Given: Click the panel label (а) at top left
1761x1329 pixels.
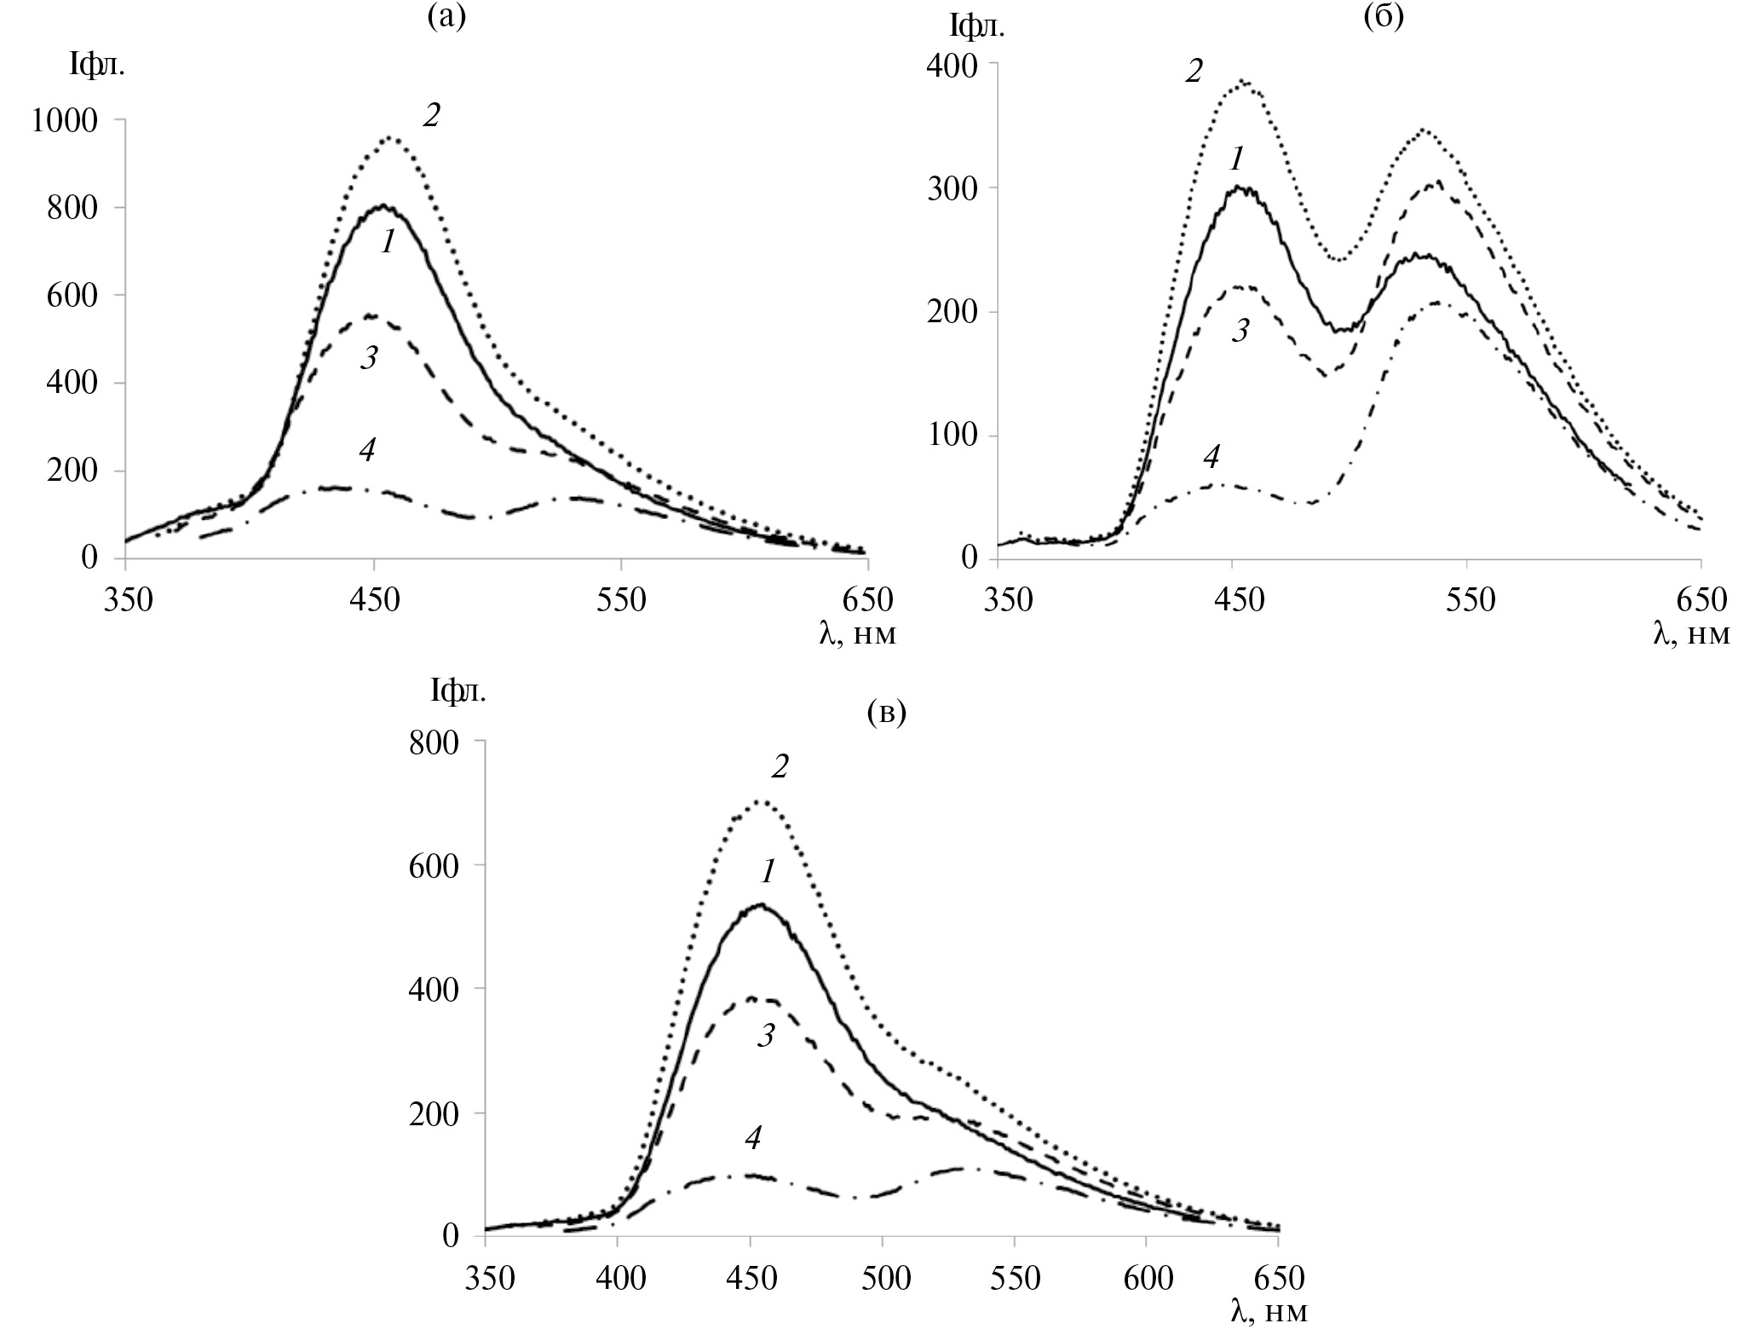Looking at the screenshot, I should [446, 18].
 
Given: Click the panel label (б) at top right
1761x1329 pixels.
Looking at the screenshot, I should [1383, 18].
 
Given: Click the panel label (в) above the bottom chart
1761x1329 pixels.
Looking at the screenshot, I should [886, 712].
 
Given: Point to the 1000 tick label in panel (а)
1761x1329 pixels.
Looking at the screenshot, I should [66, 121].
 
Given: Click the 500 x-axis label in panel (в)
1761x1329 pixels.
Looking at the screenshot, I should [882, 1279].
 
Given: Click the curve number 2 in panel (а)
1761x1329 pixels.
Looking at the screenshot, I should [431, 116].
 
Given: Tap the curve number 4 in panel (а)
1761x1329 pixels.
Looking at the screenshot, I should [366, 450].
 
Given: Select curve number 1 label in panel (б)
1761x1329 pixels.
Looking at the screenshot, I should [1237, 159].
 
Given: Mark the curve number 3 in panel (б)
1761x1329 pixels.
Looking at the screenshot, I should [1240, 330].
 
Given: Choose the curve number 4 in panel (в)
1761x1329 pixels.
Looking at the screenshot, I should [752, 1137].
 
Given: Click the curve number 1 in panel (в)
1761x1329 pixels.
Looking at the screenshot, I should [768, 872].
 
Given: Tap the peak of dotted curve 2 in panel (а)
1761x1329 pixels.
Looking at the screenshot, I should [390, 136].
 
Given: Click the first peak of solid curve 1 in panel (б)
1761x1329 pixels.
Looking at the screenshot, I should [1237, 188].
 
